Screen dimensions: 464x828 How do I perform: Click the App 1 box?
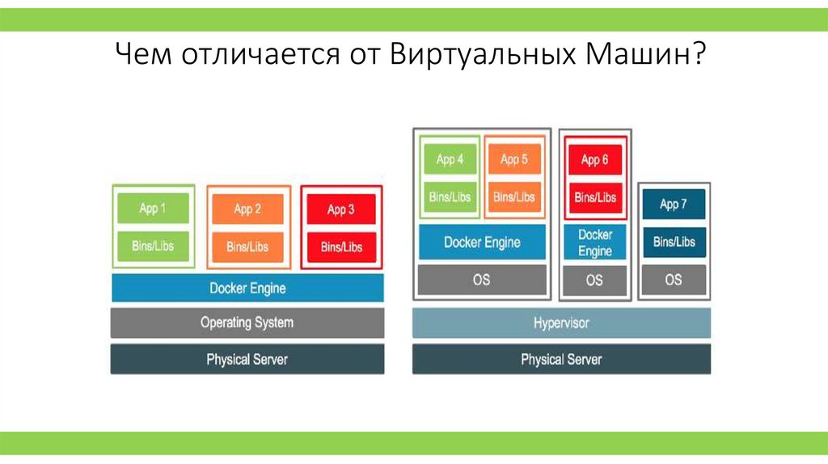pos(153,209)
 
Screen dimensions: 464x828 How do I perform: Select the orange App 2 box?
pos(247,209)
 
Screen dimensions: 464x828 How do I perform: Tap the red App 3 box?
pos(341,210)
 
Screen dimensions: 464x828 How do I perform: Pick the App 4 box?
pos(450,159)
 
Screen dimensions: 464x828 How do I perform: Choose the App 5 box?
pos(514,159)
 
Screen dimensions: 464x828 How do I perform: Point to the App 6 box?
pos(594,160)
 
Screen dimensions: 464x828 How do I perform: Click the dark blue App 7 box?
pos(674,205)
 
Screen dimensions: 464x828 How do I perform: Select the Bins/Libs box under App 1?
pos(153,246)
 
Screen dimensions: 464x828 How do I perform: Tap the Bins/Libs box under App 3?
pos(341,247)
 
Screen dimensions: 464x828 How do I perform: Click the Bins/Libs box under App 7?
pos(674,242)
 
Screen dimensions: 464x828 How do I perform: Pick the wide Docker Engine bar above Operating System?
pos(247,288)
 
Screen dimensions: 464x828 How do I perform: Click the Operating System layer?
pos(247,323)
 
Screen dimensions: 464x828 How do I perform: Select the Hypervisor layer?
pos(561,323)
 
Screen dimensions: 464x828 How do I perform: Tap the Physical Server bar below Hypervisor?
pos(561,359)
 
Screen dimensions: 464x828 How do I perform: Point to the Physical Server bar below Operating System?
pos(247,359)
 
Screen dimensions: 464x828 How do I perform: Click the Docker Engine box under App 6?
pos(594,243)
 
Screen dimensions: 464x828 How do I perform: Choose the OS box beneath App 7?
pos(674,280)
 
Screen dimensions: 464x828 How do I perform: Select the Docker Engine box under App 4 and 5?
pos(482,242)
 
